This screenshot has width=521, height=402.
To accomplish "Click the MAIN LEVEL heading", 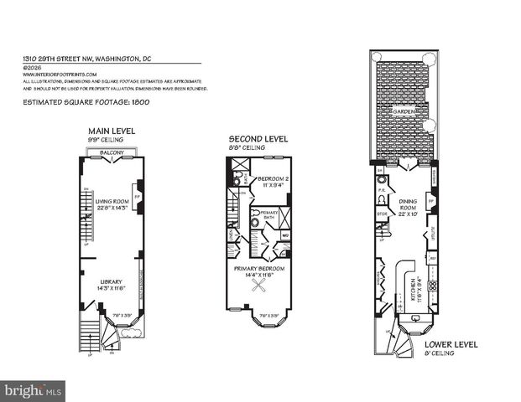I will coord(112,131).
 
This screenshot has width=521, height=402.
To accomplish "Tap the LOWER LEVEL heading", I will coord(451,343).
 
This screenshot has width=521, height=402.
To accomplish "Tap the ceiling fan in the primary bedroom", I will coord(260,290).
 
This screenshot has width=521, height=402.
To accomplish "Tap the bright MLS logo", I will coord(34,390).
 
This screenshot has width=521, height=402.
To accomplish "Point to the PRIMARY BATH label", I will coord(268,214).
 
